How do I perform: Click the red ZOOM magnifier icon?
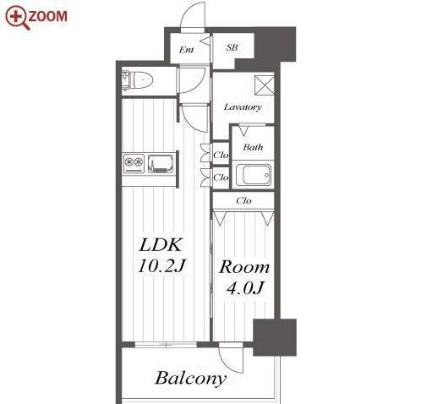[18, 17]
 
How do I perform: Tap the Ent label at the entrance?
[187, 50]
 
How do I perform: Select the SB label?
[232, 47]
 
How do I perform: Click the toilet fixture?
[137, 80]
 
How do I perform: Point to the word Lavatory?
[243, 107]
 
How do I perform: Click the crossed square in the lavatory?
[264, 85]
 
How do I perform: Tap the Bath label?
[253, 147]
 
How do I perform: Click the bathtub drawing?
[254, 175]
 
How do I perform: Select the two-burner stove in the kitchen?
[134, 163]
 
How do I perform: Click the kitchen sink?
[161, 163]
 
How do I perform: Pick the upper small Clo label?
[221, 155]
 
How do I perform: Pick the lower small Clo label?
[221, 177]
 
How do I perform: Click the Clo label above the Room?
[243, 200]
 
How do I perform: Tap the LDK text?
[161, 245]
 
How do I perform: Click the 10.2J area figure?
[161, 265]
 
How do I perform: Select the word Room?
[244, 267]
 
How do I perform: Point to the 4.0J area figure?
[245, 287]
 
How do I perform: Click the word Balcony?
[191, 379]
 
